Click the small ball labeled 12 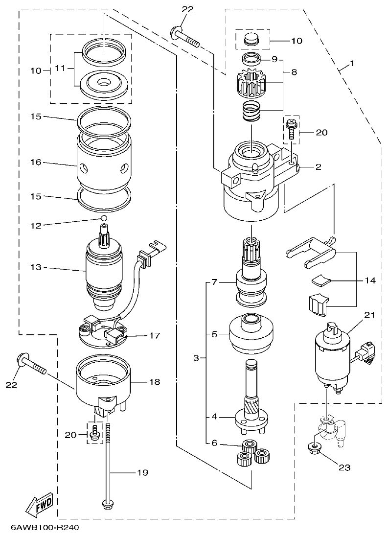coord(104,217)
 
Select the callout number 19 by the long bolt coord(142,472)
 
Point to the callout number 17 coord(155,336)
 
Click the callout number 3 coord(196,358)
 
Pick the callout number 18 coord(155,381)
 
